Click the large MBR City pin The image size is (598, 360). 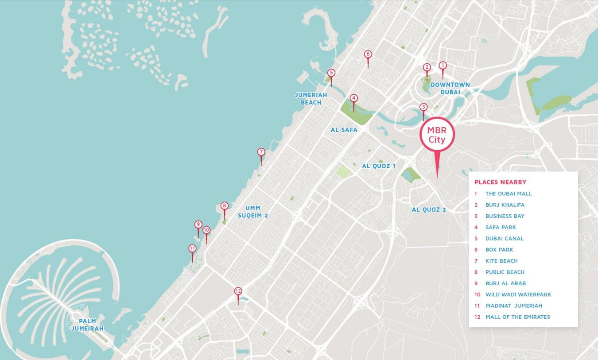[437, 134]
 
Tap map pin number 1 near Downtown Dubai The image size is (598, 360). [442, 66]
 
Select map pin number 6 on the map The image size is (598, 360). [368, 54]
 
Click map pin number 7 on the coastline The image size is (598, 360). [261, 152]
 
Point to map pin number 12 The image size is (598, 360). [238, 291]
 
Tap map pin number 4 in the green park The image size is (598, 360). [353, 98]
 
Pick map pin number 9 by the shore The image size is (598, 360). [198, 225]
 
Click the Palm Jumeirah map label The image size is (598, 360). [87, 325]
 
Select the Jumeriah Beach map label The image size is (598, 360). [311, 99]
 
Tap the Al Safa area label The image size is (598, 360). [344, 130]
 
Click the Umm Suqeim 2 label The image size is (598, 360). [253, 212]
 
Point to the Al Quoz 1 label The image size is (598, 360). [378, 166]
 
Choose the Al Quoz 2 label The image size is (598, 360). [428, 210]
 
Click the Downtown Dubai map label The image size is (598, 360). [450, 88]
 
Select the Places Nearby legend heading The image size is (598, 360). [500, 182]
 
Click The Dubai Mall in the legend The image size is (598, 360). [509, 194]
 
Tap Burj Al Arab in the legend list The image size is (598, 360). [505, 283]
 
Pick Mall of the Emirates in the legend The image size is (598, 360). [517, 317]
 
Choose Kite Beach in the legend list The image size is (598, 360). [501, 261]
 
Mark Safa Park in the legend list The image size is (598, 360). [501, 227]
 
